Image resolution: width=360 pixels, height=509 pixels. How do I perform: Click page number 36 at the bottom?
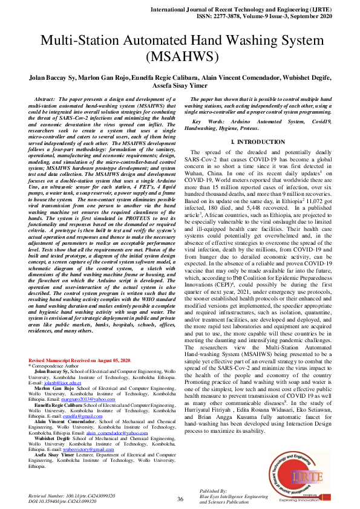(x=180, y=499)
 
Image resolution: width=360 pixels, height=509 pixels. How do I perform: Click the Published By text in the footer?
(x=213, y=491)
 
